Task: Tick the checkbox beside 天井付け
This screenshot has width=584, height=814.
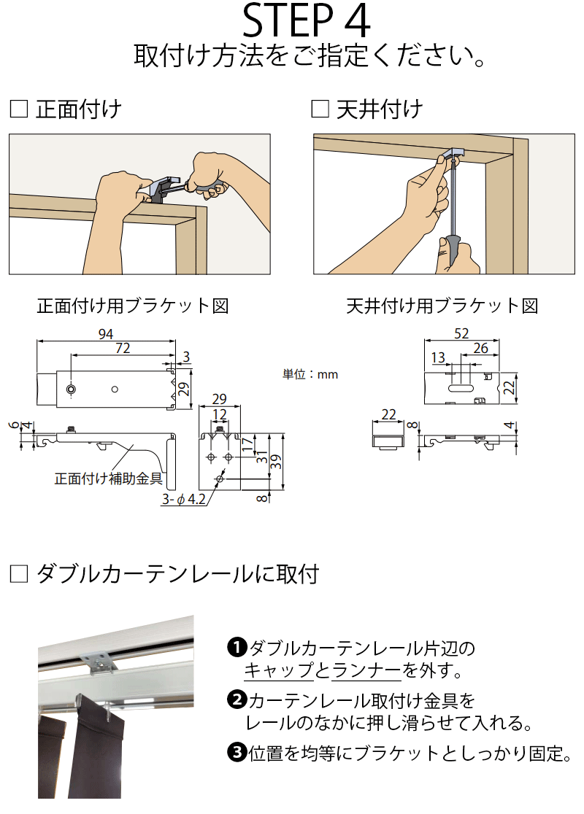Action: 320,109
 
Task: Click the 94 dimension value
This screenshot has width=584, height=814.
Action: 106,334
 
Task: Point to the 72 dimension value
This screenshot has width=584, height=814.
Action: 122,349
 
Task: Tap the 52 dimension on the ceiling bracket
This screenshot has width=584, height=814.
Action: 461,333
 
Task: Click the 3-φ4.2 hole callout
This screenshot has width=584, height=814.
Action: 183,500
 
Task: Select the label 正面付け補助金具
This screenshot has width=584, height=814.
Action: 108,479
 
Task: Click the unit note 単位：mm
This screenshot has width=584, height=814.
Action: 310,374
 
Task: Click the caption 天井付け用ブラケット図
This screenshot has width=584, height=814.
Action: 442,306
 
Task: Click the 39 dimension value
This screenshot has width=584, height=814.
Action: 273,461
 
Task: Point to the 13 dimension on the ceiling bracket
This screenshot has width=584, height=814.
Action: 438,357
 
